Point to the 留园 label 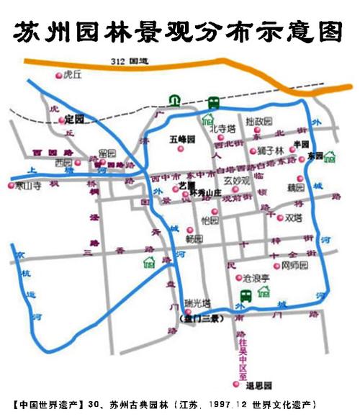point(107,153)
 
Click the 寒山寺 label point(30,186)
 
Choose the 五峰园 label point(182,138)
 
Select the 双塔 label point(293,217)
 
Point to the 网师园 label point(294,266)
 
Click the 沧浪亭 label point(256,277)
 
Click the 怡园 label point(210,220)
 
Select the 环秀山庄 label point(204,192)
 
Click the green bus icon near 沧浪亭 point(245,295)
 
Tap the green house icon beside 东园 point(330,156)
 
